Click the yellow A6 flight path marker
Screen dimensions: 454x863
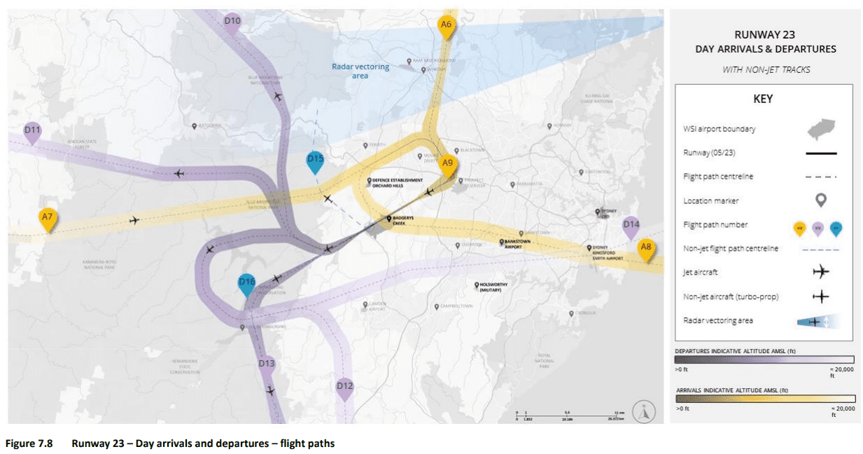tap(446, 25)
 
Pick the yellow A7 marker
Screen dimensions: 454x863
tap(48, 218)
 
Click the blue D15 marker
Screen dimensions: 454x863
tap(316, 160)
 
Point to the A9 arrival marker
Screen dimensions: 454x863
tap(448, 164)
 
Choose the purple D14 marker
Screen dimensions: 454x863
tap(631, 226)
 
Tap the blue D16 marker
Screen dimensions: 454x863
tap(246, 283)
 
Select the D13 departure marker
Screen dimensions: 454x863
tap(267, 364)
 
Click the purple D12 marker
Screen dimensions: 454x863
tap(344, 387)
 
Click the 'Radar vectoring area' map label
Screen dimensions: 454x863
tap(360, 71)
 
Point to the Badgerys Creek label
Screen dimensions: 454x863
tap(403, 220)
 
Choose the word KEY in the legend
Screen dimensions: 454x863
tap(763, 99)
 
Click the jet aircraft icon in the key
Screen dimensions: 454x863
tap(820, 272)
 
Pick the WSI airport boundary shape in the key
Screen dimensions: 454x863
tap(820, 129)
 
